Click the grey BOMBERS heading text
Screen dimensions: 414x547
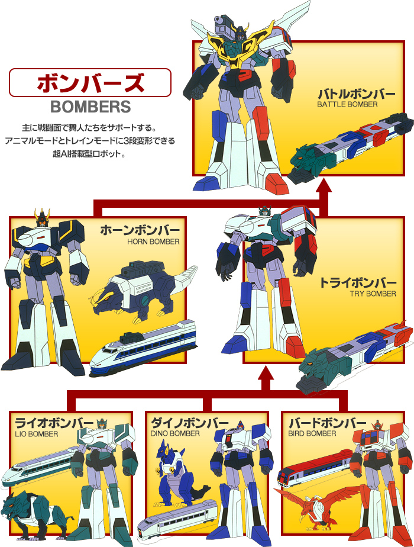pos(90,107)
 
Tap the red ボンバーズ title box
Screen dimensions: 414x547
pos(90,82)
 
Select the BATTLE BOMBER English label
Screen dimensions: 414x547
pos(347,104)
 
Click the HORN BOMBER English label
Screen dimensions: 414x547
pos(153,242)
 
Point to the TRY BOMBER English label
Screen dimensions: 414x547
pos(373,294)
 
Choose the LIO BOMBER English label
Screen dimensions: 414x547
pos(37,435)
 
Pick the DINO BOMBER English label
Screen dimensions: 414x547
pos(175,433)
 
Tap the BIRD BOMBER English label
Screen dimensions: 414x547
pos(312,433)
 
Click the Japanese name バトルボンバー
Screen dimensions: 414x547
pos(356,94)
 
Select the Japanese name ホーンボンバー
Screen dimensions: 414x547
pos(140,230)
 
